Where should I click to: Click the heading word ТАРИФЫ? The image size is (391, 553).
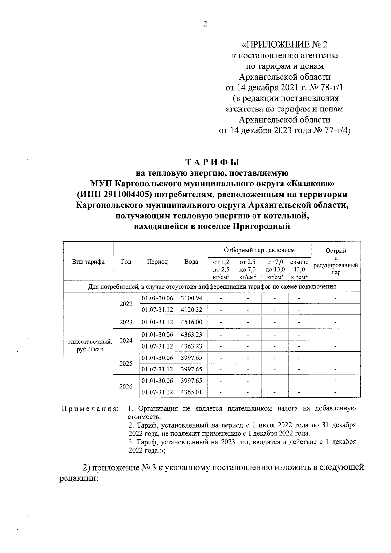pos(212,162)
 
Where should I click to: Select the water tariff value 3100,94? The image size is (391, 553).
pos(192,298)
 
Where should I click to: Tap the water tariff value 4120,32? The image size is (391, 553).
pos(192,310)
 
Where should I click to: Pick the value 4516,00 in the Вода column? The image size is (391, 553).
pos(192,322)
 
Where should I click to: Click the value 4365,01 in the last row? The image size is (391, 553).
pos(192,392)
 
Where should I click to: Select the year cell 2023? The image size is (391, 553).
pos(126,322)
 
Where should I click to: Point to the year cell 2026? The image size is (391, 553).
pos(126,386)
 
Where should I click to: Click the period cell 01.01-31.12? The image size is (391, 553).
pos(157,322)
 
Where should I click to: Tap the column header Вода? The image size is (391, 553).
pos(191,261)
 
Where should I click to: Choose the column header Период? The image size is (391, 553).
pos(157,261)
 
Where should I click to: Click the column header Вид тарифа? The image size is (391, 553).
pos(88,261)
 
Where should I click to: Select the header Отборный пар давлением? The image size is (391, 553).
pos(259,250)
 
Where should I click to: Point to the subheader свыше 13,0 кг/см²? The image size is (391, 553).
pos(299,269)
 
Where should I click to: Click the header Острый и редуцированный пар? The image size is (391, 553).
pos(336,261)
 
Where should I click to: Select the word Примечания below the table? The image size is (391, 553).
pos(90,409)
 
